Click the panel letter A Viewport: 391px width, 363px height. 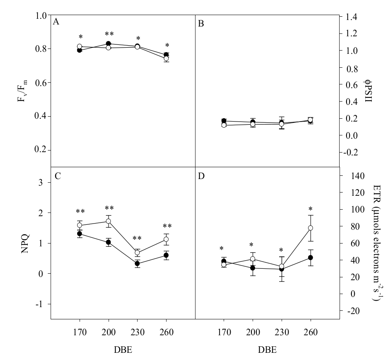tap(56, 22)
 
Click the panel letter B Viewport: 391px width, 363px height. tap(201, 24)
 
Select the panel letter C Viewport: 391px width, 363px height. tap(58, 177)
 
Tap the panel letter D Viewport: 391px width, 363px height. tap(201, 177)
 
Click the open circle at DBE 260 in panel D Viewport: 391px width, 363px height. tap(310, 228)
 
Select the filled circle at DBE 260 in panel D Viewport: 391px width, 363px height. tap(310, 258)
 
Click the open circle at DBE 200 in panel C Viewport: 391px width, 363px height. tap(109, 221)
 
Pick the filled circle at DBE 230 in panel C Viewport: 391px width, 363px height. tap(137, 263)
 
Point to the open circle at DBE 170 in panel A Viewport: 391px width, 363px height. tap(80, 46)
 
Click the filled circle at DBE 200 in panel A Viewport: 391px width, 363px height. tap(109, 44)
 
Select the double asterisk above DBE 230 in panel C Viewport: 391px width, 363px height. tap(137, 239)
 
